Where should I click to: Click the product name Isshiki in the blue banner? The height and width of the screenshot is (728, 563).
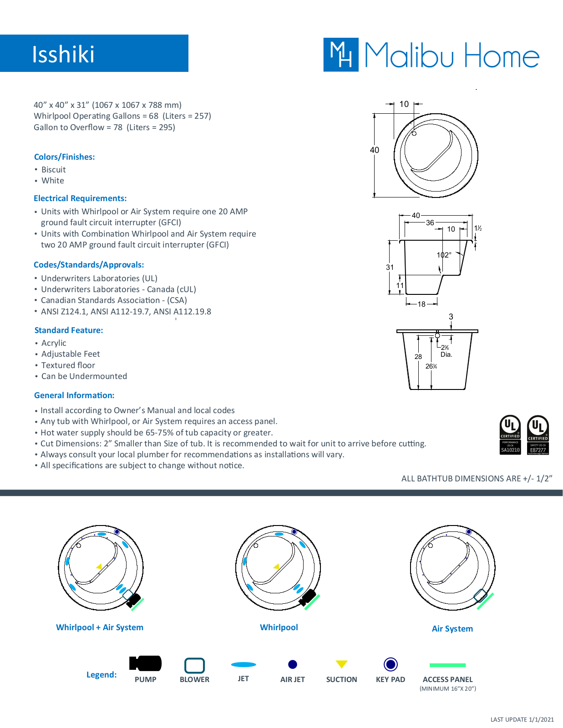pyautogui.click(x=63, y=54)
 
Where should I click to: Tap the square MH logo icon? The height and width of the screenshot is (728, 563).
pyautogui.click(x=341, y=55)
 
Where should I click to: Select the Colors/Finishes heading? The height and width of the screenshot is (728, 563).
pyautogui.click(x=64, y=157)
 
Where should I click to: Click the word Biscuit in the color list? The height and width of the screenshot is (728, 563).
pyautogui.click(x=54, y=170)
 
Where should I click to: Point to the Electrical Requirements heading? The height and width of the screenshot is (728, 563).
pyautogui.click(x=80, y=198)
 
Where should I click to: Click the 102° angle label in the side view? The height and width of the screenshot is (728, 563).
pyautogui.click(x=444, y=255)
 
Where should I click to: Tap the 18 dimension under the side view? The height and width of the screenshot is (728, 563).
pyautogui.click(x=421, y=304)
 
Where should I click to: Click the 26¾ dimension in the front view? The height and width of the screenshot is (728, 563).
pyautogui.click(x=431, y=366)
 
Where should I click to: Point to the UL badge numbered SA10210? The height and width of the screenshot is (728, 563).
pyautogui.click(x=510, y=435)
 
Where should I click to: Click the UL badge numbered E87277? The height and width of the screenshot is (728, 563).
pyautogui.click(x=538, y=435)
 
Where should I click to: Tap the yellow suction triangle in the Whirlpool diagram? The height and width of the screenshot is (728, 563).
pyautogui.click(x=276, y=566)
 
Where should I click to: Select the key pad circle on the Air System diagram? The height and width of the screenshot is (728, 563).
pyautogui.click(x=469, y=532)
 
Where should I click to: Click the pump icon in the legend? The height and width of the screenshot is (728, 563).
pyautogui.click(x=145, y=663)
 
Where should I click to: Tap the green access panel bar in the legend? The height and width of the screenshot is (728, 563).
pyautogui.click(x=447, y=665)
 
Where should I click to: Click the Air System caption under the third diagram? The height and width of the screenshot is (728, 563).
pyautogui.click(x=452, y=628)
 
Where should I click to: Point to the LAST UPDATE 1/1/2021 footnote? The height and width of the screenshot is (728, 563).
pyautogui.click(x=522, y=719)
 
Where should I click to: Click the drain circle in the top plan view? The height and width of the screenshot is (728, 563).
pyautogui.click(x=414, y=133)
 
